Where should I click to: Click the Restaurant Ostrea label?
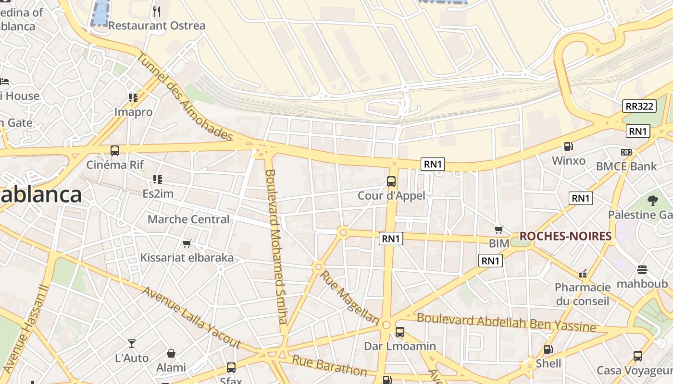pos(157,25)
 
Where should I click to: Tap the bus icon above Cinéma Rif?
pos(115,151)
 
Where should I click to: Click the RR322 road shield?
pos(639,106)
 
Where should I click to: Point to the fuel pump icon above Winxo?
pos(568,146)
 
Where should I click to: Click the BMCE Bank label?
pos(626,166)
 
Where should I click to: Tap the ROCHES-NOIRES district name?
pos(565,236)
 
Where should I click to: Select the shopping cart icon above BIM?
pos(499,230)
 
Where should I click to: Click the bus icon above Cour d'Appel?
pos(391,181)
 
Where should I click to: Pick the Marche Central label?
pos(188,219)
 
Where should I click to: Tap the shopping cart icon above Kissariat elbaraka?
pos(187,244)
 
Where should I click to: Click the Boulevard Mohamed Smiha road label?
pos(278,247)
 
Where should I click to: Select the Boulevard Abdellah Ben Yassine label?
pos(506,323)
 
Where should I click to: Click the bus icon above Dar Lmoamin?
pos(399,332)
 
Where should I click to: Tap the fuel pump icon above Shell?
pos(548,349)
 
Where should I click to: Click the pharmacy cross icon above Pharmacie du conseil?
pos(583,273)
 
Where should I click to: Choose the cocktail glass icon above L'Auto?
pos(132,344)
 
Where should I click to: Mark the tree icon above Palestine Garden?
pos(652,200)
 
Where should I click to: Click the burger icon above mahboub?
pos(642,269)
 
